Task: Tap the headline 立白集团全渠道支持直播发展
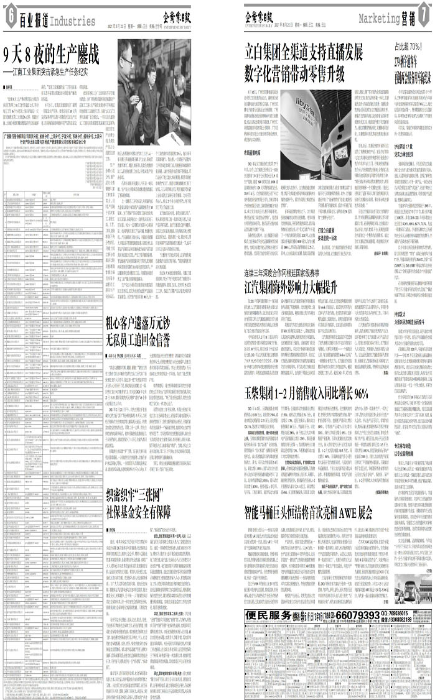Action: click(304, 52)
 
